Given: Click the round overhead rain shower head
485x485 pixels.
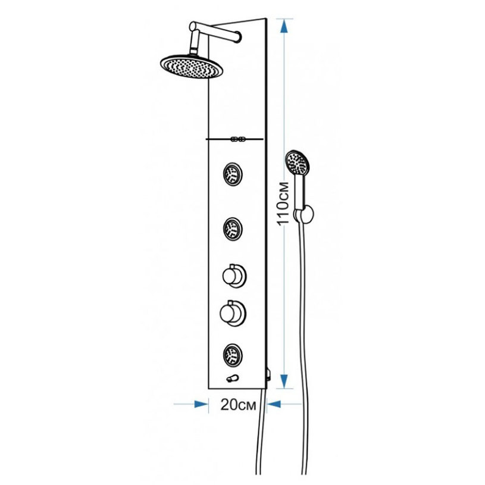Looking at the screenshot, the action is point(192,66).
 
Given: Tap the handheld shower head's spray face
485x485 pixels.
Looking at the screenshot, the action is point(297,162).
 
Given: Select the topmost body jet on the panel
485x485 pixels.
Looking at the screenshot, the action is point(233,174).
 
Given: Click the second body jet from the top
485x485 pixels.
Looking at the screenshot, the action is point(233,229).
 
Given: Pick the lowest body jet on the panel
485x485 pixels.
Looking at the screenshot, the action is point(233,355).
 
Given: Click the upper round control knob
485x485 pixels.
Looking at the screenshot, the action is point(234,276).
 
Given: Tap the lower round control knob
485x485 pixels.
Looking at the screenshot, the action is point(233,313).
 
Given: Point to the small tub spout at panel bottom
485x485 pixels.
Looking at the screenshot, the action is point(232,378).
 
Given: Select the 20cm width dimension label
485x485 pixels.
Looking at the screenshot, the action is point(238,404).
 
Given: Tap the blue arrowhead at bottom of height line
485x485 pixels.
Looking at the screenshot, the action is point(284,381).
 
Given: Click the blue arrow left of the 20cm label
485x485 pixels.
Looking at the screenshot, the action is point(201,404).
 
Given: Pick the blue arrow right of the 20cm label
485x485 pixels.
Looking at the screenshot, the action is point(274,404).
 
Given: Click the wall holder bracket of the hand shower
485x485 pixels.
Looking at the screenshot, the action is point(303,214).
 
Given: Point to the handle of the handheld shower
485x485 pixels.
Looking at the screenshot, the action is point(300,192).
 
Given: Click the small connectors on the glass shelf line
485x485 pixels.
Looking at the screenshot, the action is point(238,139).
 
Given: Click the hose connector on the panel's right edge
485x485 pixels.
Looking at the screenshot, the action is point(269,374).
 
